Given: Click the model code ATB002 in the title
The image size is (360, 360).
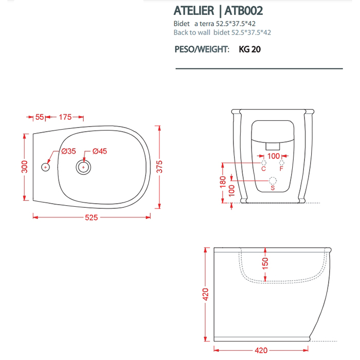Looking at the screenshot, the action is (x=243, y=11).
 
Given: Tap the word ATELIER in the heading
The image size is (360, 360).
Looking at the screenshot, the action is (x=194, y=11).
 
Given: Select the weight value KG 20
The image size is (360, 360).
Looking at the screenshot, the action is (x=249, y=49).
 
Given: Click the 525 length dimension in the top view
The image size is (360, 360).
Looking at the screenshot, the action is (x=92, y=218).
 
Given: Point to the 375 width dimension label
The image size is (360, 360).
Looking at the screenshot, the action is (x=159, y=167).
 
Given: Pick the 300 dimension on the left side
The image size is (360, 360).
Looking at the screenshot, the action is (x=24, y=167).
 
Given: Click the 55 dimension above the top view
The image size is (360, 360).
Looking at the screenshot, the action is (x=40, y=117).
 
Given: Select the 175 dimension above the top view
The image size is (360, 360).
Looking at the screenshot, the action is (x=65, y=117).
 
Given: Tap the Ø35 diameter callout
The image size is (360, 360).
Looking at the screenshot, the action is (x=68, y=151).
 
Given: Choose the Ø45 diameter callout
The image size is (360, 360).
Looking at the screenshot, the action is (x=100, y=151).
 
